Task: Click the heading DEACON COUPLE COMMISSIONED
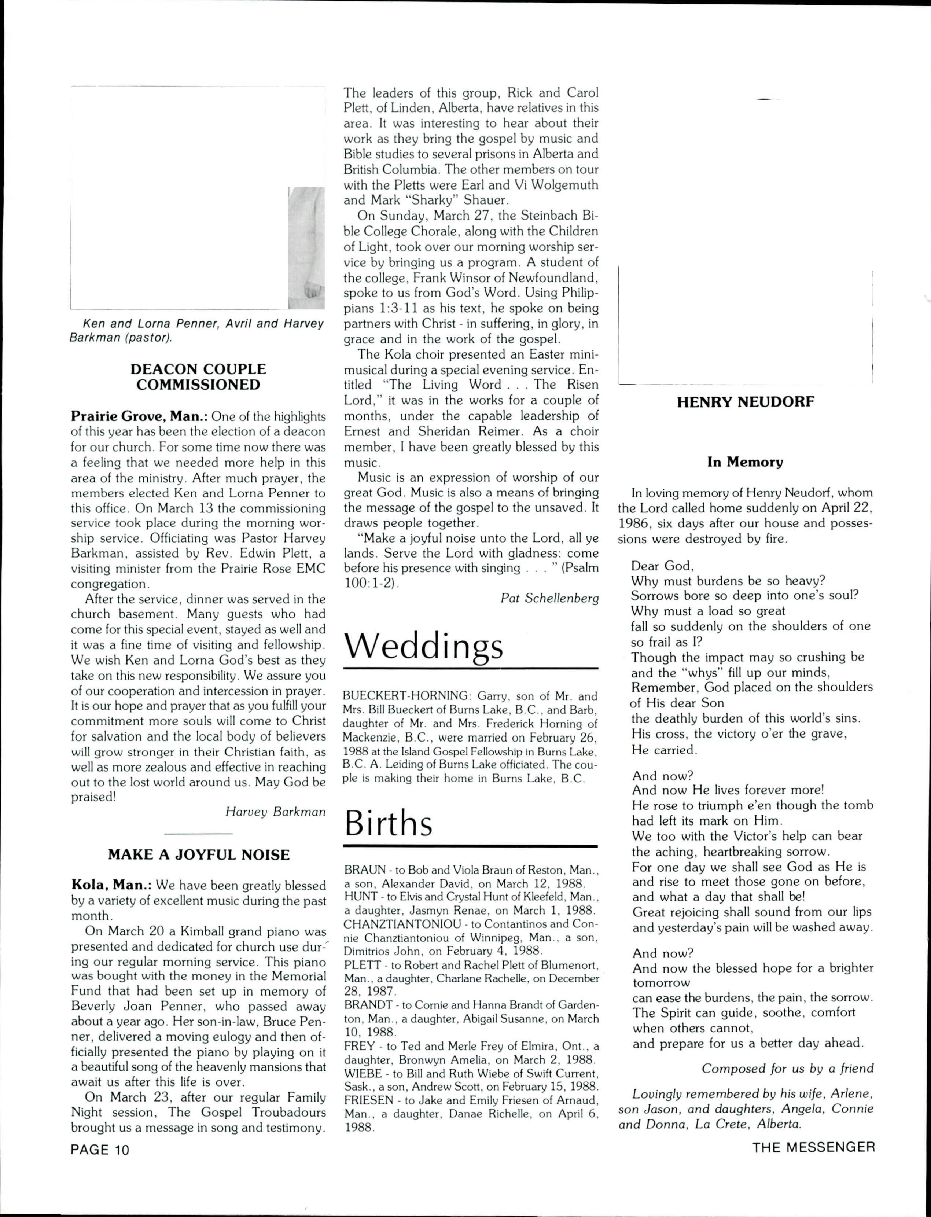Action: click(198, 377)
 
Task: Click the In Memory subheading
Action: click(746, 462)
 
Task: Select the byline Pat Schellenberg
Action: click(549, 598)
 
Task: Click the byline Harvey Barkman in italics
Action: click(275, 812)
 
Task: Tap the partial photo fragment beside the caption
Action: click(306, 248)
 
